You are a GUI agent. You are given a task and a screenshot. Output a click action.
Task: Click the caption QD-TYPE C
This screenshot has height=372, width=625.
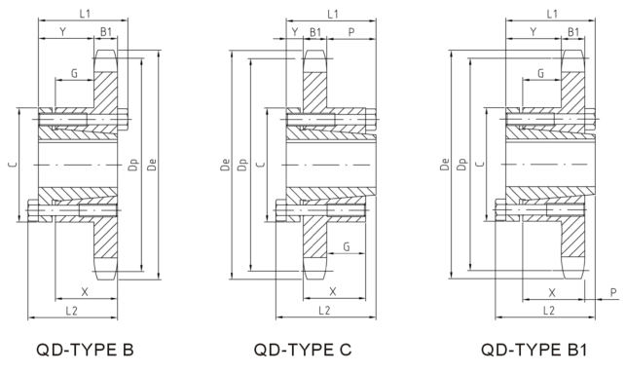pos(303,350)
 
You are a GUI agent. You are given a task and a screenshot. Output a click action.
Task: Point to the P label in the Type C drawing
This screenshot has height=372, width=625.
pos(350,32)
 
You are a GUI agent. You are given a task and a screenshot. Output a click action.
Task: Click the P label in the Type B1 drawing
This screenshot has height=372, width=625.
pos(612,291)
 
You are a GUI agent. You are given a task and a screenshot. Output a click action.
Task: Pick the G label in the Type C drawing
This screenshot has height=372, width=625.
pos(347,248)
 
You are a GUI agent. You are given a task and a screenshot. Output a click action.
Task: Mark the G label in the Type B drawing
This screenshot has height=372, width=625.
pos(74,73)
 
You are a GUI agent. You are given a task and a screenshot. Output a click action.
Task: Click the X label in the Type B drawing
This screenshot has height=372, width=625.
pos(85,290)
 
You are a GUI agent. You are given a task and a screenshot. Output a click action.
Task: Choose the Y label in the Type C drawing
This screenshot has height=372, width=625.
pos(294,32)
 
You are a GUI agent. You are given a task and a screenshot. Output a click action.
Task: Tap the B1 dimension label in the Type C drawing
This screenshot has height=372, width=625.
pos(315,32)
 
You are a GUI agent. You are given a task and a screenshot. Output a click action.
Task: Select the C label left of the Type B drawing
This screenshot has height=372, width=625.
pos(13,166)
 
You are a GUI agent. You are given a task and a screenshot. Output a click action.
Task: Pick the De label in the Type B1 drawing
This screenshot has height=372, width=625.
pos(445,166)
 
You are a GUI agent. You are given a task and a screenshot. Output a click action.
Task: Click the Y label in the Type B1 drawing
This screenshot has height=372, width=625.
pos(533,32)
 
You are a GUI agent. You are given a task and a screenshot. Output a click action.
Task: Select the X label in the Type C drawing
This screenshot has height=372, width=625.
pos(333,290)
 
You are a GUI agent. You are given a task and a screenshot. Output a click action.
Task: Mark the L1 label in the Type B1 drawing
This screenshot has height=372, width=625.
pos(552,14)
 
